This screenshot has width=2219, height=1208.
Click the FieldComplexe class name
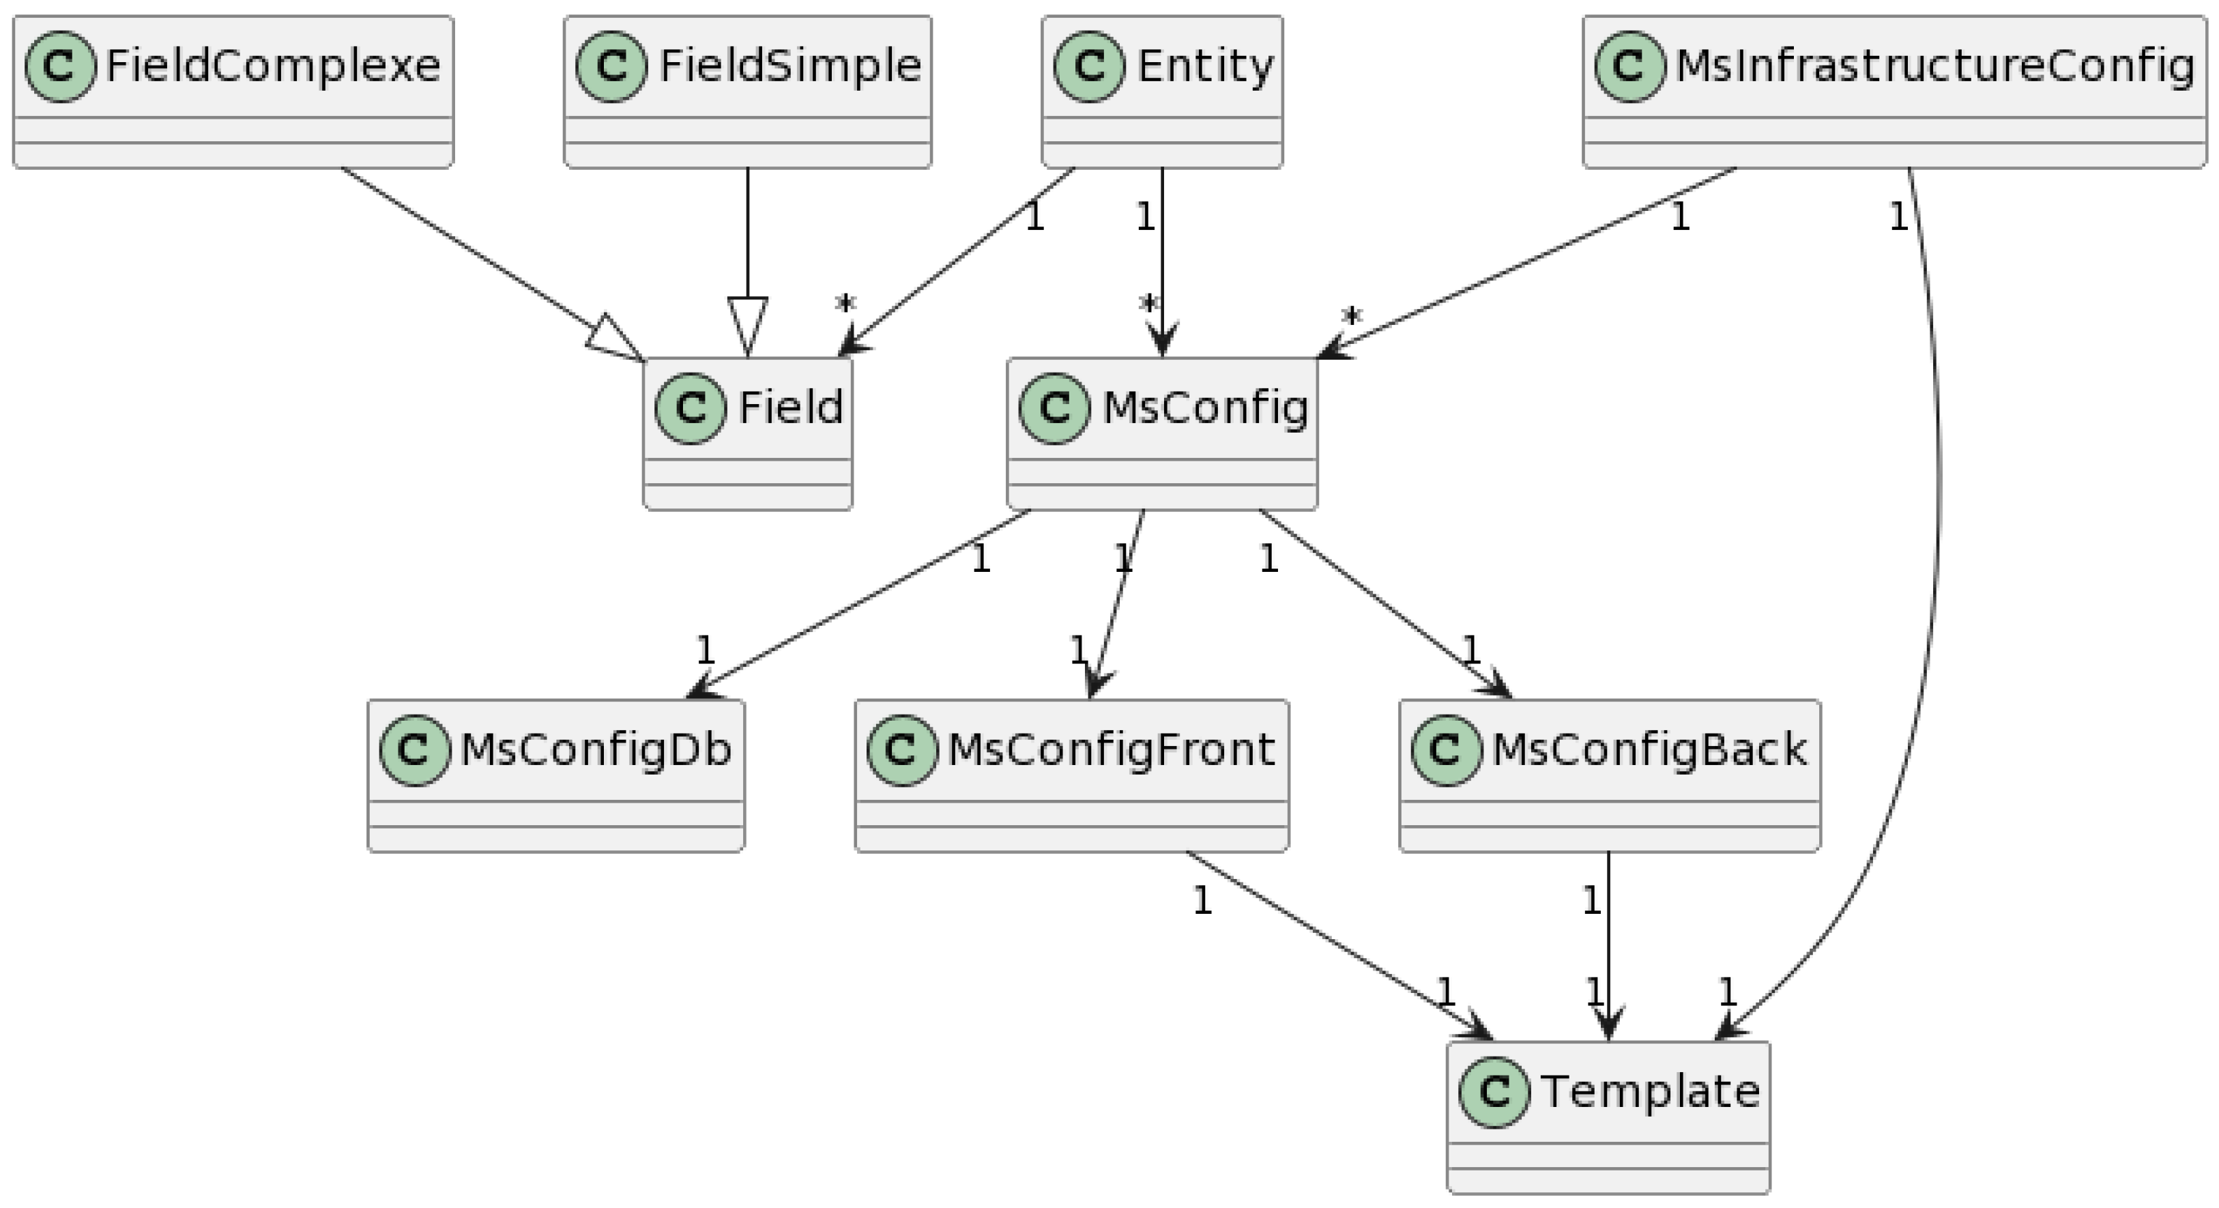(x=272, y=66)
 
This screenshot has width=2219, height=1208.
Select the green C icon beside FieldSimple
(x=611, y=66)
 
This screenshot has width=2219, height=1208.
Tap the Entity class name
(x=1204, y=66)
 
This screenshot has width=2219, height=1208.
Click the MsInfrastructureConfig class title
(x=1934, y=66)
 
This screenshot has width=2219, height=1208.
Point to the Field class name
(x=790, y=407)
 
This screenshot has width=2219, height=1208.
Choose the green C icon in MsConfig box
(x=1054, y=408)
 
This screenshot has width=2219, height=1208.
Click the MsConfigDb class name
(x=595, y=749)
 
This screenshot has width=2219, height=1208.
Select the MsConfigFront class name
(x=1110, y=749)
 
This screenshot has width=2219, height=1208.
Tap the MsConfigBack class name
(x=1649, y=749)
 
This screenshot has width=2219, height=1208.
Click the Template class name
(x=1650, y=1092)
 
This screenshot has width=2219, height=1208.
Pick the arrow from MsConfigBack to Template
(x=1608, y=948)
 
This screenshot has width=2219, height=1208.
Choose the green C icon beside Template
(x=1494, y=1092)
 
